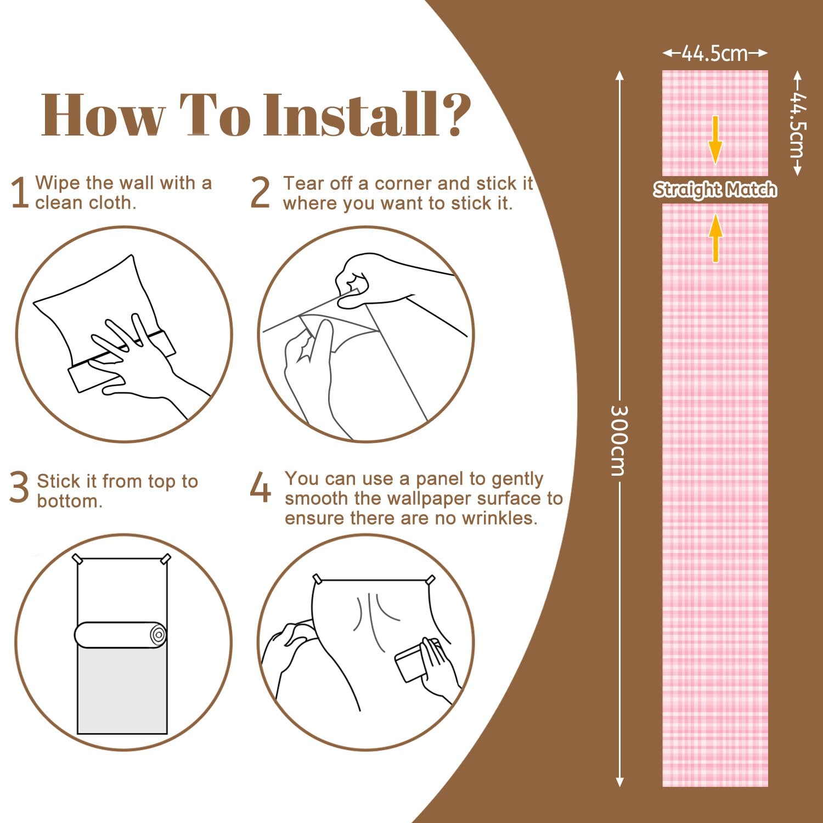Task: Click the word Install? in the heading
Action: pos(367,115)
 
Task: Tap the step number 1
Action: pos(20,193)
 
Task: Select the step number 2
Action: pos(260,193)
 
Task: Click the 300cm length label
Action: pos(619,441)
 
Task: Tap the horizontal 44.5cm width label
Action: pos(715,53)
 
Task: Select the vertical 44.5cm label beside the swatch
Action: pos(798,123)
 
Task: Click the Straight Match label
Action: pos(715,189)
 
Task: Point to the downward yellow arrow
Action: pos(715,140)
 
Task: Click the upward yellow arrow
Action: pos(715,238)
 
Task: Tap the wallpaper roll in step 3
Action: pos(121,635)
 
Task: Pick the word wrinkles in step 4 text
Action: pos(499,518)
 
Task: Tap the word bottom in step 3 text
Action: pos(70,501)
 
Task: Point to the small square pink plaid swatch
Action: pos(715,123)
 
